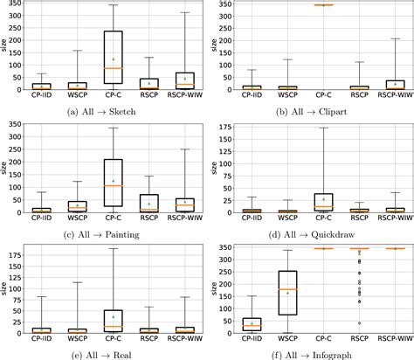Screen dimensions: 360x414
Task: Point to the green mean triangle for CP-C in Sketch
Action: [x=113, y=59]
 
